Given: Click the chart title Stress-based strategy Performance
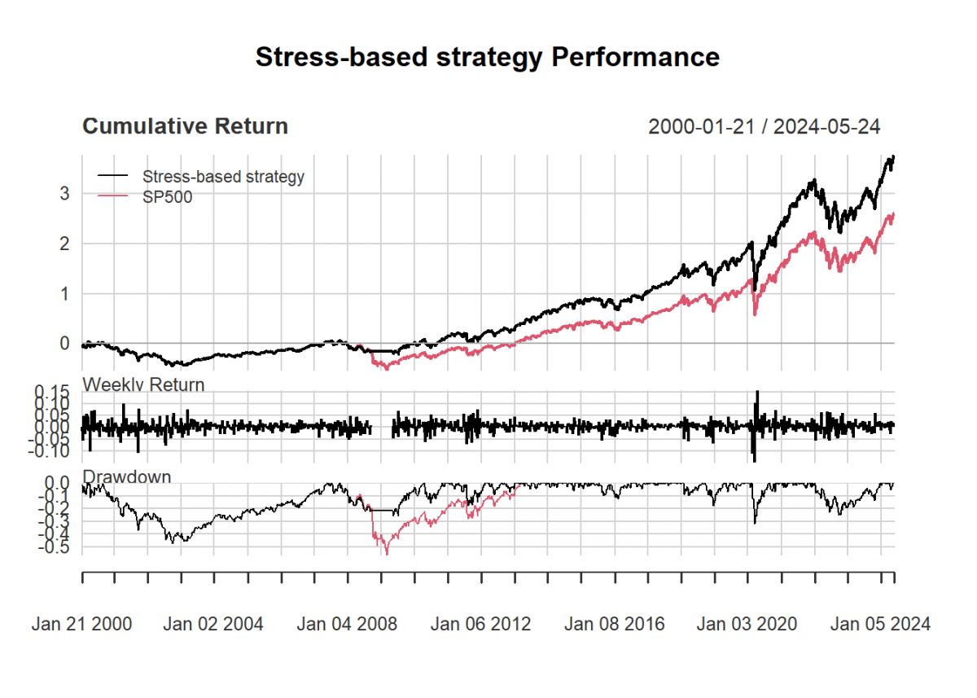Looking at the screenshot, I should tap(487, 57).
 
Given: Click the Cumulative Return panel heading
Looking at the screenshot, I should tap(185, 126).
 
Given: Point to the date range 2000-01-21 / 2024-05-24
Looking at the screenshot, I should tap(764, 126).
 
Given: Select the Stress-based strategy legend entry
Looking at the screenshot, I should tap(223, 176).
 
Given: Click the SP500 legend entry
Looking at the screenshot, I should tap(167, 196).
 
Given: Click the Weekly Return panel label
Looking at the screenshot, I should tap(143, 384).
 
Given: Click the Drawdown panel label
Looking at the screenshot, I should tap(127, 476).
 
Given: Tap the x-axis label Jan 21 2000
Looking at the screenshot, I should tap(81, 624).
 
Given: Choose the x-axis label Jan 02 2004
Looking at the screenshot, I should tap(213, 624).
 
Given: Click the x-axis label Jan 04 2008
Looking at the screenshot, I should tap(347, 624).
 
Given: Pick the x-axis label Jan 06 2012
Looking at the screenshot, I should tap(480, 624).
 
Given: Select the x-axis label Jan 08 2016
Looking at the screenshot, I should tap(614, 624).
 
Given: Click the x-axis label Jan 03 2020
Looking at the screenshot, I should tap(747, 624).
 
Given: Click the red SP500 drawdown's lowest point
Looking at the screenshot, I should tap(387, 553).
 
